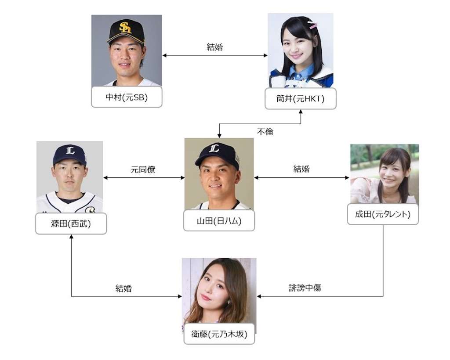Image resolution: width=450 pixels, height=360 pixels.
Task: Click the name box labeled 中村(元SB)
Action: (127, 98)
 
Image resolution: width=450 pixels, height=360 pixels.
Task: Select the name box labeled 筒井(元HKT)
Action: (301, 99)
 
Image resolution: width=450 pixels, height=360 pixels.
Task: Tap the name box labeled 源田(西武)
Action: (71, 223)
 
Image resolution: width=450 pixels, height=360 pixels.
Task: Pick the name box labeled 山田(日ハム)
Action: (219, 221)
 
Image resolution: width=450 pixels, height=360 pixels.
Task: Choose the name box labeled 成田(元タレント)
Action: (383, 215)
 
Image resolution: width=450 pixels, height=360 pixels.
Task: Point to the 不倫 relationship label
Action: (265, 131)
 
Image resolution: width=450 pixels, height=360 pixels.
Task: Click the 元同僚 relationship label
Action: (143, 169)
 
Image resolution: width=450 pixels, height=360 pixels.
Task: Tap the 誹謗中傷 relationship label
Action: (305, 288)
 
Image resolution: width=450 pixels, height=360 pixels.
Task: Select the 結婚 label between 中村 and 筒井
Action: (214, 47)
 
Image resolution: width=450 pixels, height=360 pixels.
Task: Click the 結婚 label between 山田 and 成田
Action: (301, 169)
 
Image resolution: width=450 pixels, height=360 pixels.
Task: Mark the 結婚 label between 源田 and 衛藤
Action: (123, 288)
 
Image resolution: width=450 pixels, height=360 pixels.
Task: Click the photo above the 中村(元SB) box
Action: (127, 50)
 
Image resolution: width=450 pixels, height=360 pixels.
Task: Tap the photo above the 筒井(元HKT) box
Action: (301, 50)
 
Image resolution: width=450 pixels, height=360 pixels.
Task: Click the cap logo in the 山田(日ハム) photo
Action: (214, 149)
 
